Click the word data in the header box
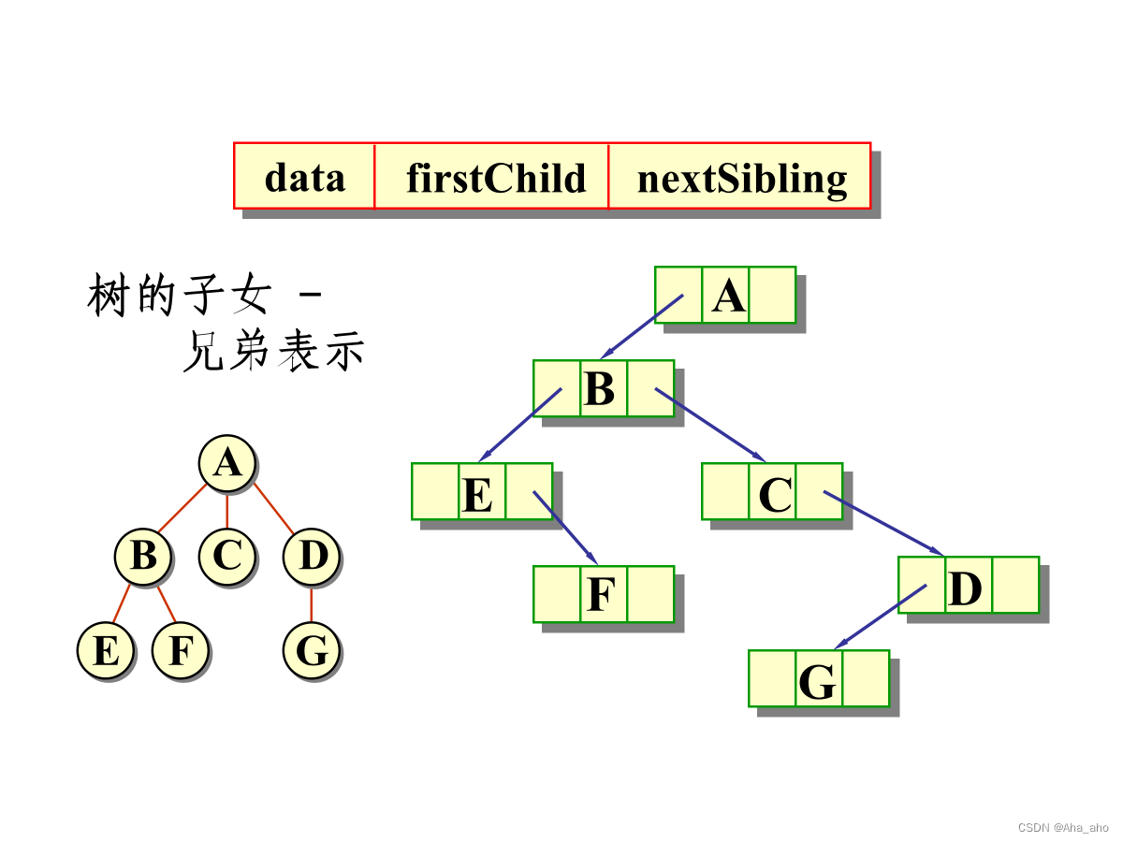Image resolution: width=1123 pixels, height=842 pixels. [x=304, y=178]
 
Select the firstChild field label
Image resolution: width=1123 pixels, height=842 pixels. [x=495, y=178]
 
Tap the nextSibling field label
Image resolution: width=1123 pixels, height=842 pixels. [x=742, y=179]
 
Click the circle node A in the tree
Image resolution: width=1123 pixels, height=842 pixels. [x=226, y=462]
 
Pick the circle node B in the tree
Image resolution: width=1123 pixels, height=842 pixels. [x=142, y=557]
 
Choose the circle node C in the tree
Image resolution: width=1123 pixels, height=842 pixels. [x=226, y=557]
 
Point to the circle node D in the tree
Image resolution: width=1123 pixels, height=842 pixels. [x=312, y=557]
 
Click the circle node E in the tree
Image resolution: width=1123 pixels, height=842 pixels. [x=105, y=651]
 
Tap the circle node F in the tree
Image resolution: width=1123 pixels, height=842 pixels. [x=180, y=651]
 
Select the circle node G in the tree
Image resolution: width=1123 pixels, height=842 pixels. [x=312, y=651]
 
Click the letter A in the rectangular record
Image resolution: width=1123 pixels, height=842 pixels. [x=727, y=297]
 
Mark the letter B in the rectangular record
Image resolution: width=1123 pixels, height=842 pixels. [x=600, y=389]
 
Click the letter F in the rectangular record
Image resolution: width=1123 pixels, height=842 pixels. [x=601, y=595]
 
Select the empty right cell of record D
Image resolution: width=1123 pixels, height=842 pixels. [x=1015, y=585]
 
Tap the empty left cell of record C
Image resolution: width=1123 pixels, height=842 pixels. [x=725, y=491]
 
